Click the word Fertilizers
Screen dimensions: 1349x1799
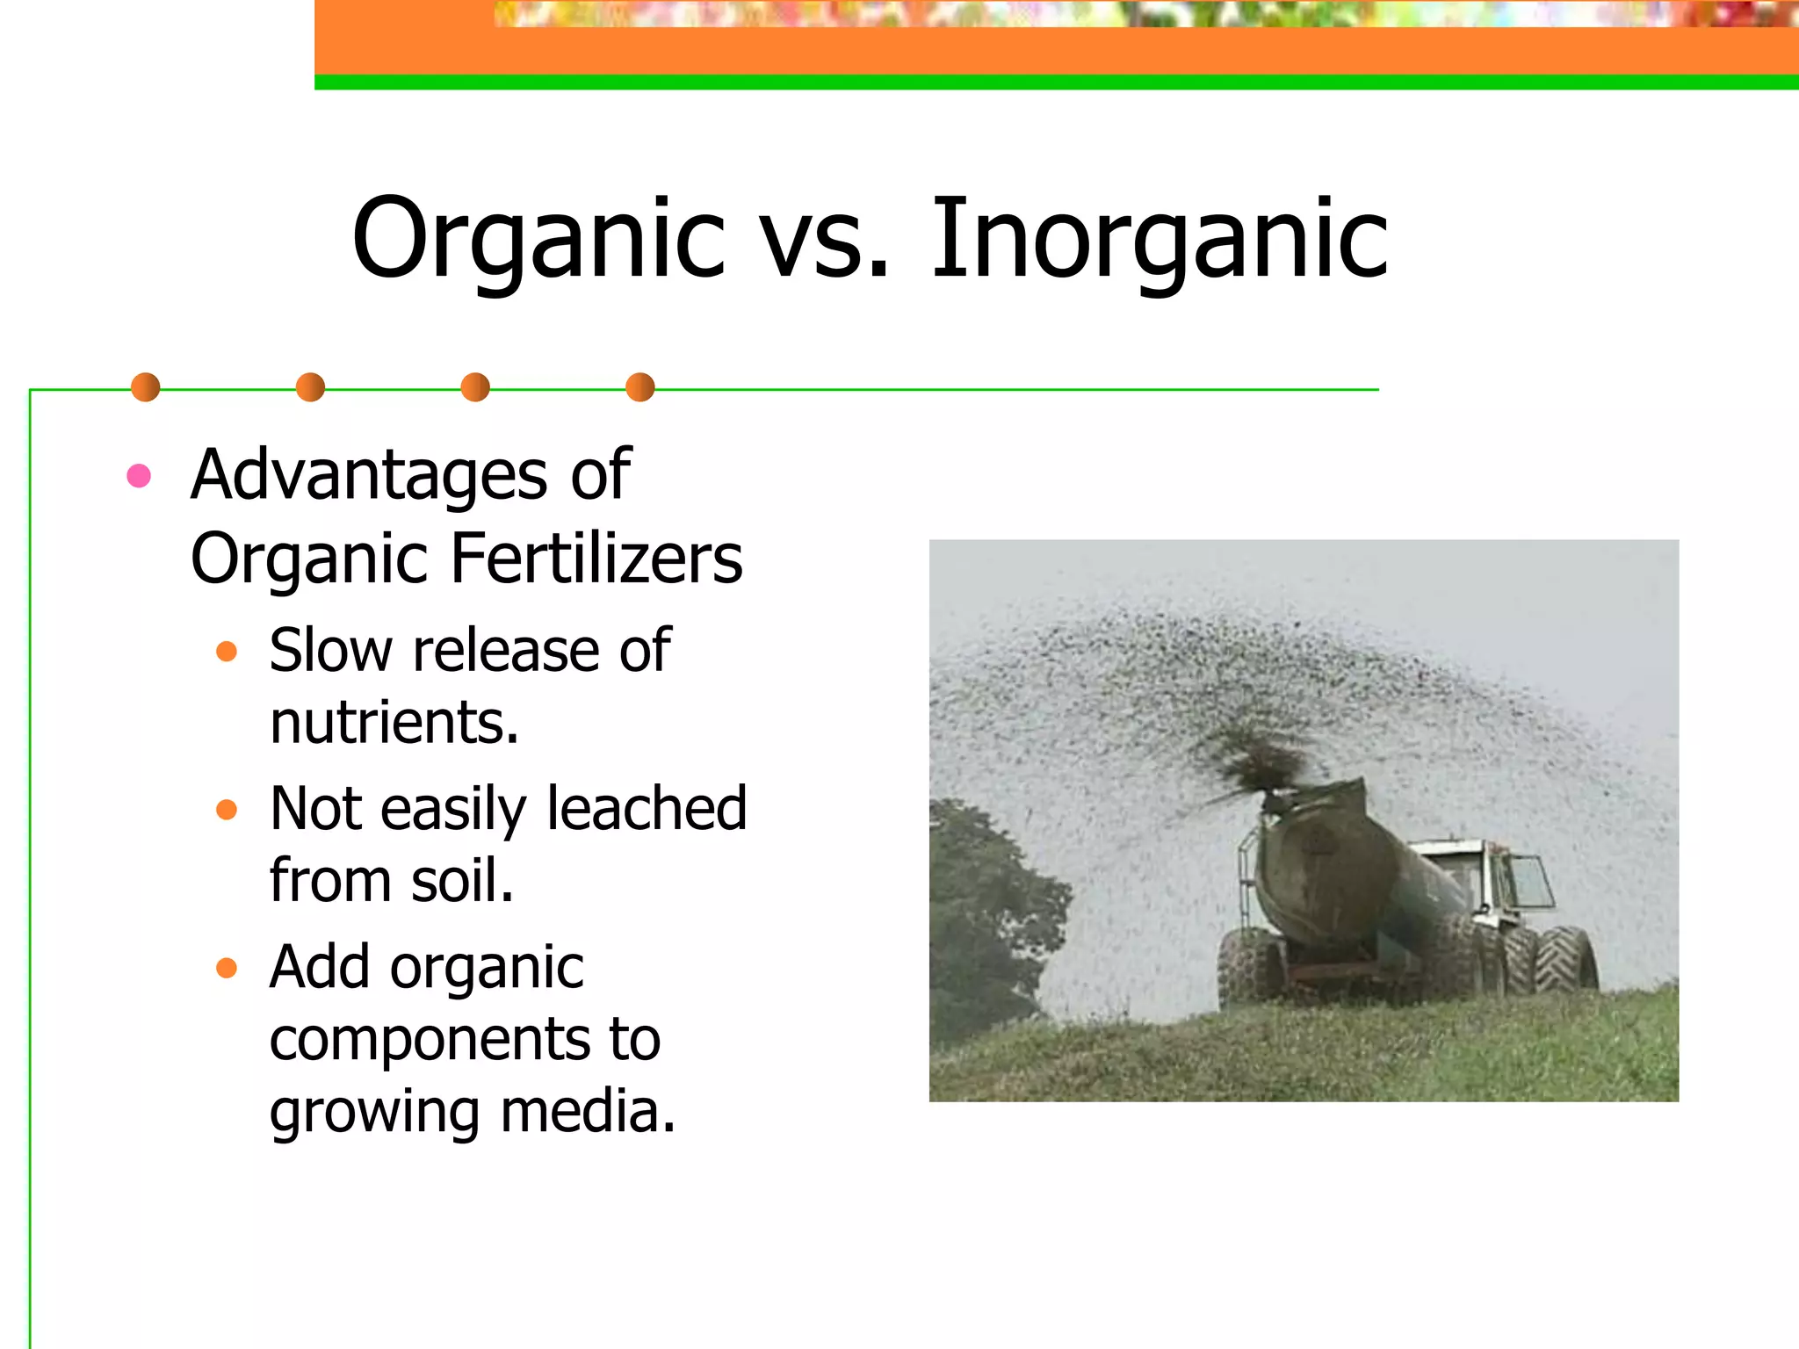click(596, 559)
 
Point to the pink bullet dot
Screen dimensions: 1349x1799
click(139, 476)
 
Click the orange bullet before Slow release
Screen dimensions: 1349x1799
click(227, 652)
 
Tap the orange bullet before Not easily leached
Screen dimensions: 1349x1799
click(227, 809)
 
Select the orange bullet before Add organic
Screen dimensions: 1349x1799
click(227, 968)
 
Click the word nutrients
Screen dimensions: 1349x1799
click(393, 723)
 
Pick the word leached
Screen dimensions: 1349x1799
click(647, 809)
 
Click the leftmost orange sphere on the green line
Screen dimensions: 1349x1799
click(145, 387)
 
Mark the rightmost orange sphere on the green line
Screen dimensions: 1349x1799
click(640, 387)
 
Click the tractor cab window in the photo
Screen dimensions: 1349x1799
click(1528, 881)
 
